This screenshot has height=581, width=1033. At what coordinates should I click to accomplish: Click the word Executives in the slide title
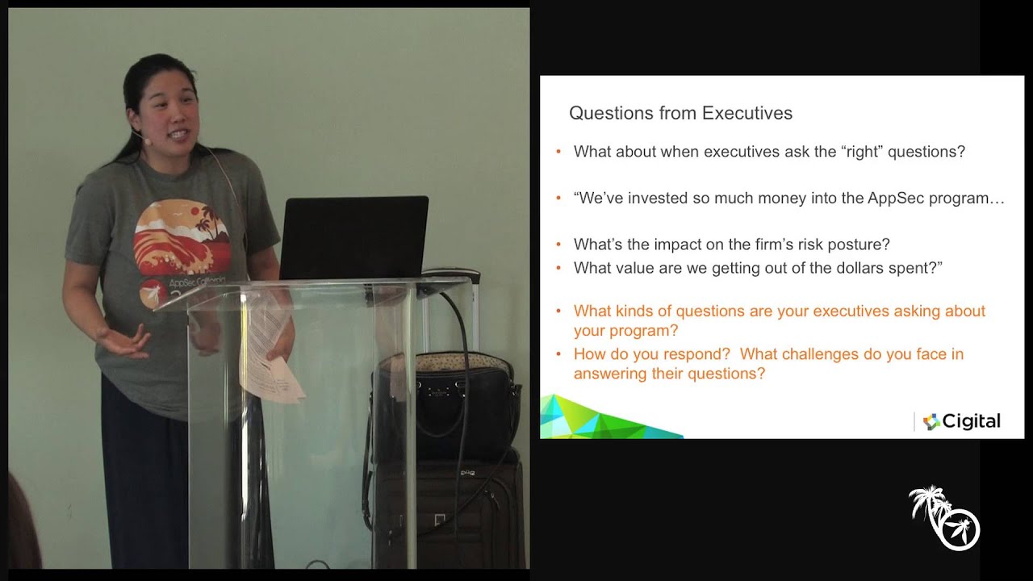click(747, 113)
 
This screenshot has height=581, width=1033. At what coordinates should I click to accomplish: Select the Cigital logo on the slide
click(961, 421)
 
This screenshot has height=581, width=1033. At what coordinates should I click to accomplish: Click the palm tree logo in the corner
click(943, 517)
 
